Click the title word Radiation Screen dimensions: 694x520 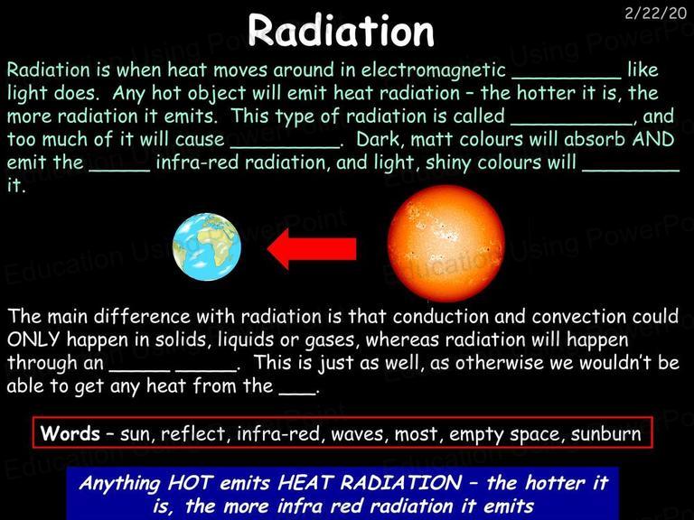tap(341, 30)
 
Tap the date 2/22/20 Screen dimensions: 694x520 tap(655, 13)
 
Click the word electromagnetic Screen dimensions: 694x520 tap(434, 70)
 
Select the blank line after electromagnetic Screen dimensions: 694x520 tap(567, 79)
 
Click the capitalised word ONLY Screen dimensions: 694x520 tap(33, 339)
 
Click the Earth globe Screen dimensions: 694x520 tap(207, 246)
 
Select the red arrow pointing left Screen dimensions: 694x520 tap(312, 248)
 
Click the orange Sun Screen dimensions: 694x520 tap(446, 244)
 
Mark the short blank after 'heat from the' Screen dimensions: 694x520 tap(298, 392)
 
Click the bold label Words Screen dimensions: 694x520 tap(70, 433)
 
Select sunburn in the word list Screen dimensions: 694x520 tap(605, 433)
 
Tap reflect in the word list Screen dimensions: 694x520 tap(193, 433)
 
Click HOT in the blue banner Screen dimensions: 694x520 tap(191, 482)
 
